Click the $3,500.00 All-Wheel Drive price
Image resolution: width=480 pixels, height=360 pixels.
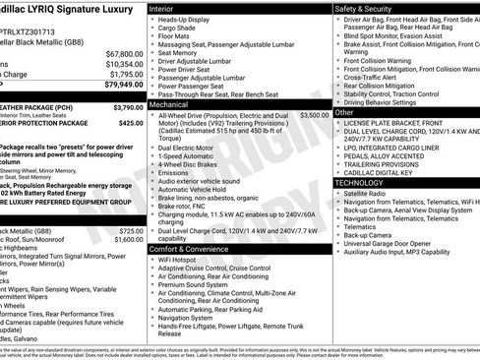point(315,115)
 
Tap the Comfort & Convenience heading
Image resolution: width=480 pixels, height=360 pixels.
point(191,250)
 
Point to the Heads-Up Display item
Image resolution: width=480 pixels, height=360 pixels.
point(190,20)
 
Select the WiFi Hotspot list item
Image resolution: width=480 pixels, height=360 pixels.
point(181,261)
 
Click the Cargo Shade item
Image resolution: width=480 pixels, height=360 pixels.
point(182,30)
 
